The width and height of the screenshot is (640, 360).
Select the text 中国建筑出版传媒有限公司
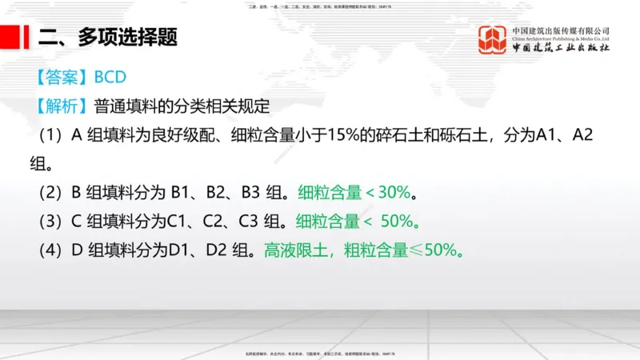pos(561,30)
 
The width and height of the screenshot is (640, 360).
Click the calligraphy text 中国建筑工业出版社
pos(561,49)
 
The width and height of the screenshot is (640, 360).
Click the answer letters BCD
pos(111,78)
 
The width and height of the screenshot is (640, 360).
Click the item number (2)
pos(52,192)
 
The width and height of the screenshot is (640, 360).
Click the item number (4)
pos(52,250)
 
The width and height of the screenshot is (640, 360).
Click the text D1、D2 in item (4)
pos(193,250)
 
